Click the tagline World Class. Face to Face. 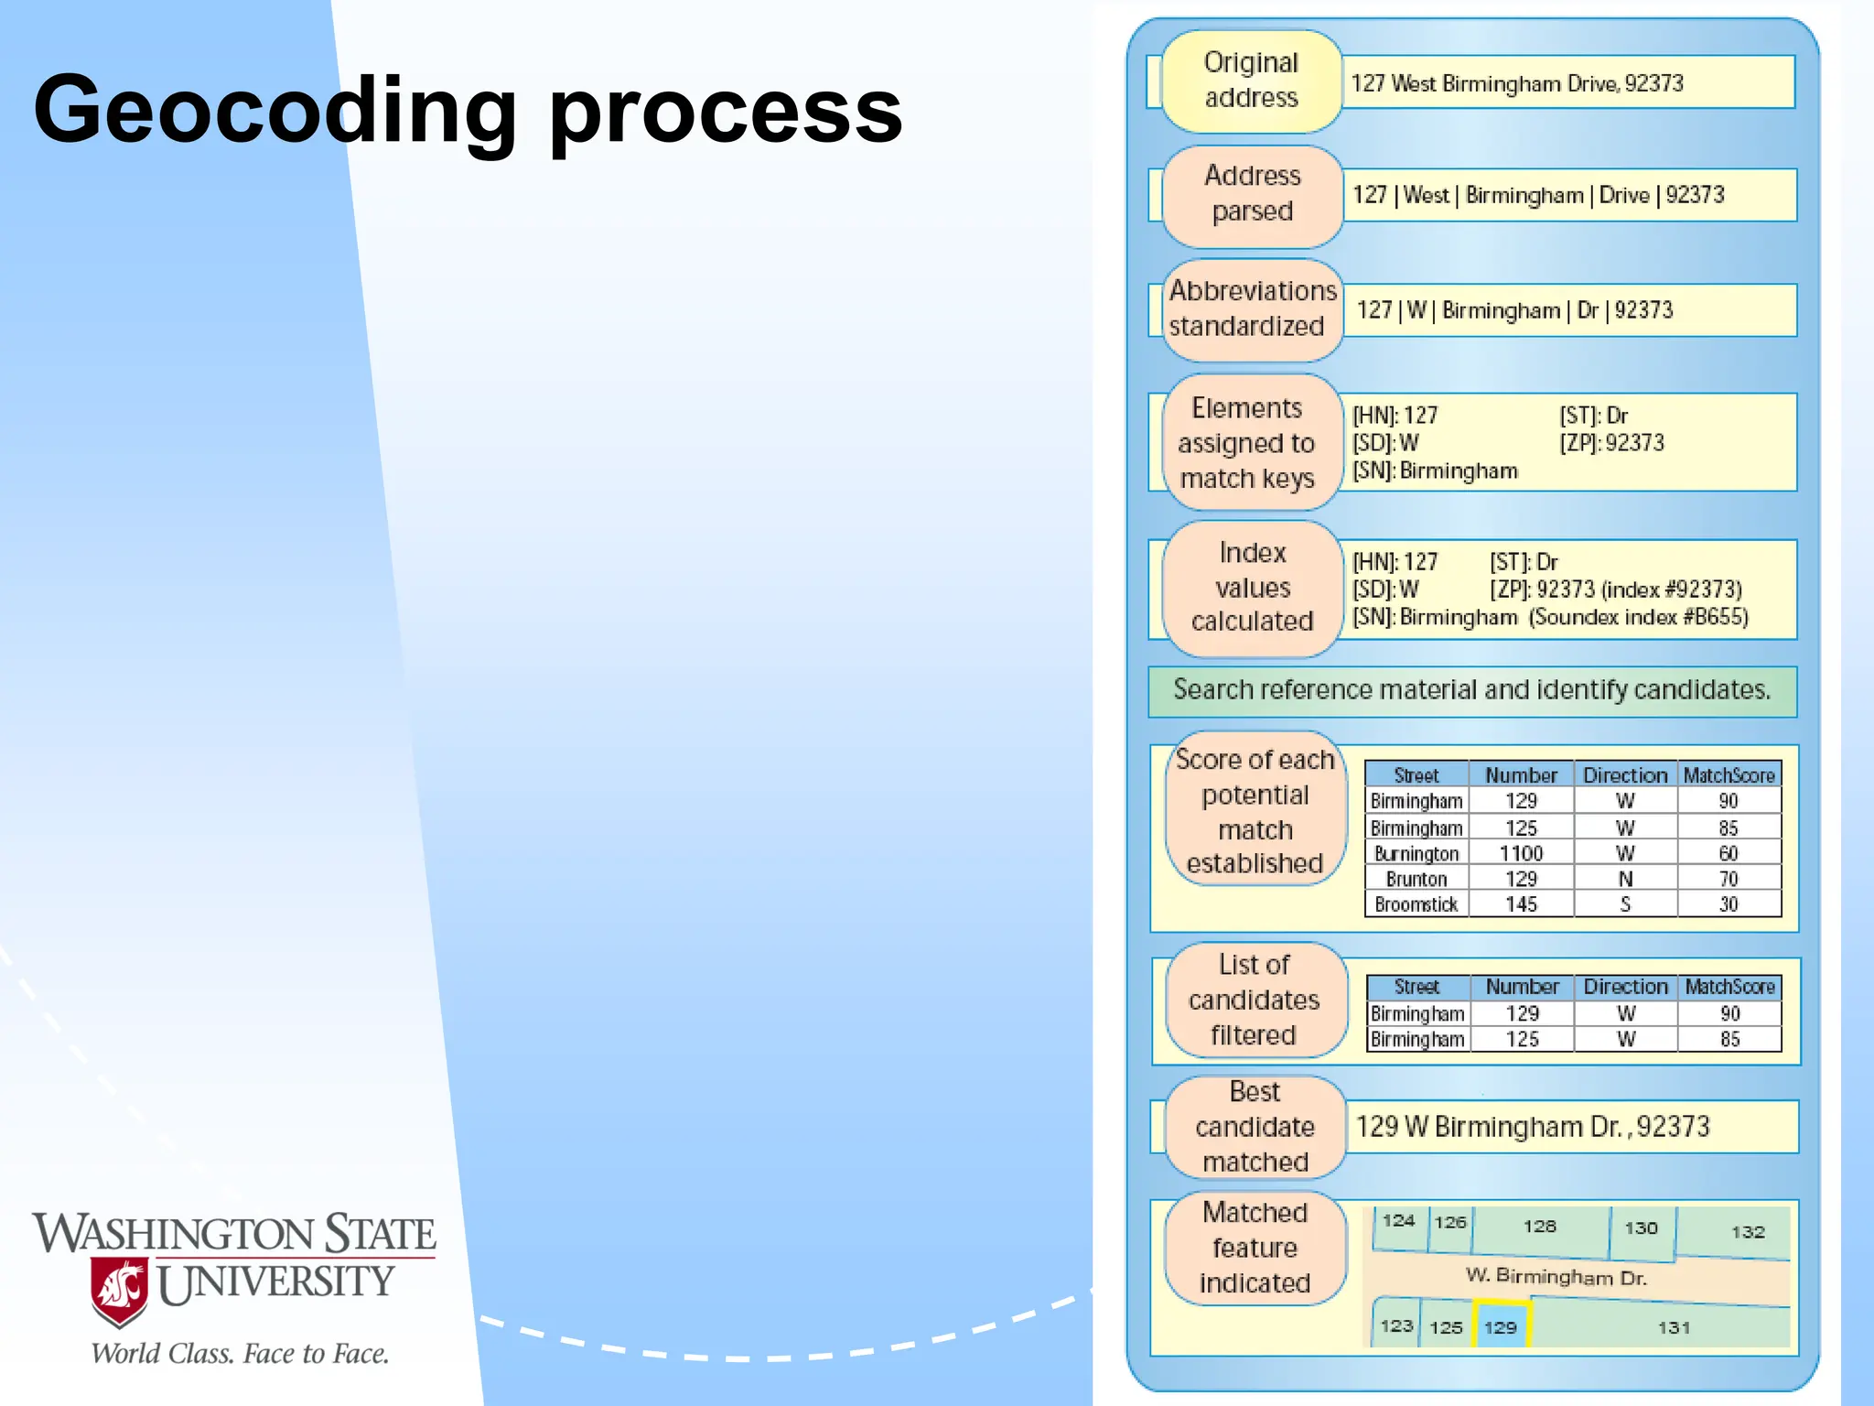240,1354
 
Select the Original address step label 1251,81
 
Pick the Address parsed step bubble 1252,194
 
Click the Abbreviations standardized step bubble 1252,308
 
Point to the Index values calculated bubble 1252,588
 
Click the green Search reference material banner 1471,690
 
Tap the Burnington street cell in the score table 1416,854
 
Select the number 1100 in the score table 1521,854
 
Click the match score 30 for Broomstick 1728,904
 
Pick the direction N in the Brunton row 1625,880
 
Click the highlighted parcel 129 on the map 1501,1326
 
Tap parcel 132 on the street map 1748,1232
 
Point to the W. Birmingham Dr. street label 1556,1277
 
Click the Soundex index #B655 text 1638,617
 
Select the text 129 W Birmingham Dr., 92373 1532,1127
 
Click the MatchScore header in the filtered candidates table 1729,987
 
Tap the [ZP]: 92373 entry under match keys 1611,444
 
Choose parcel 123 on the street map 1396,1325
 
